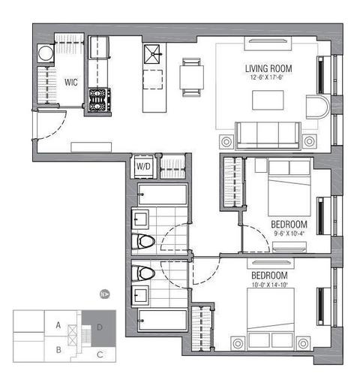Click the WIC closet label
click(x=71, y=82)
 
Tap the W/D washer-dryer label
click(x=143, y=167)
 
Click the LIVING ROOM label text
click(x=268, y=68)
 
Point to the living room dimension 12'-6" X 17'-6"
click(x=266, y=77)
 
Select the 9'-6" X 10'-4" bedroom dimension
click(x=289, y=234)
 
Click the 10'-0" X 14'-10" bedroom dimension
click(x=270, y=285)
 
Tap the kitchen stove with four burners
click(x=100, y=100)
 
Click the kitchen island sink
click(x=151, y=53)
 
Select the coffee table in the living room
click(x=268, y=100)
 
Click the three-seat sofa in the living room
click(x=268, y=136)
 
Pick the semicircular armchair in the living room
click(x=316, y=107)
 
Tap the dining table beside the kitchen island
click(x=191, y=77)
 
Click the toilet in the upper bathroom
click(x=143, y=242)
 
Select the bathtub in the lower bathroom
click(x=163, y=321)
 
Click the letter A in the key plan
click(x=58, y=325)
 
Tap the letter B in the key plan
click(x=58, y=350)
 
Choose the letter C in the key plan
click(x=100, y=354)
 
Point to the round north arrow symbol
click(x=105, y=294)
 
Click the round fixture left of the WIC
click(x=46, y=53)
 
